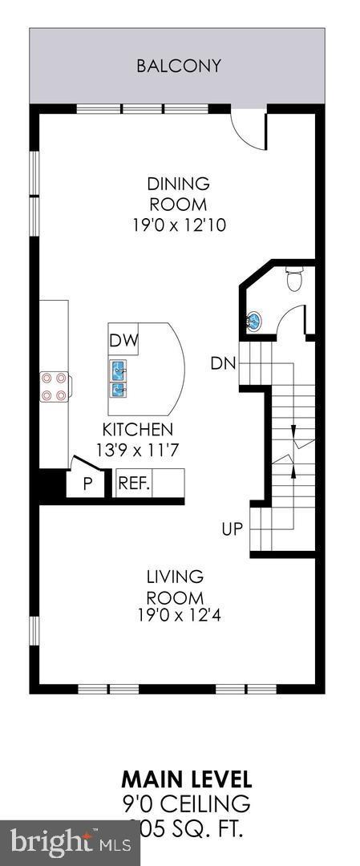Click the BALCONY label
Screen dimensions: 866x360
point(178,66)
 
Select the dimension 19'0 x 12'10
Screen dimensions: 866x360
point(179,225)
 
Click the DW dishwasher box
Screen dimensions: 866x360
point(123,340)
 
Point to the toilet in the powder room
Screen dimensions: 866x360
point(294,281)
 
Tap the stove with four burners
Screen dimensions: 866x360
point(55,386)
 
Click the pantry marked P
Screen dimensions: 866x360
point(88,484)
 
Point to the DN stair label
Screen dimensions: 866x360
point(223,363)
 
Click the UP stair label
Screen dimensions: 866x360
point(233,529)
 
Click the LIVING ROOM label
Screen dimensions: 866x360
point(174,587)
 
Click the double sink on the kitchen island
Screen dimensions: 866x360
point(119,378)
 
